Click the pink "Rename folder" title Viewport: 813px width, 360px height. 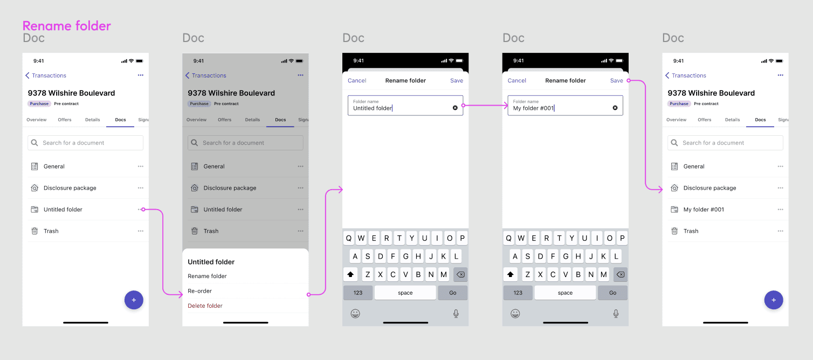pos(67,26)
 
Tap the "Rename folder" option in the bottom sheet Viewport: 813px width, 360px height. pos(207,276)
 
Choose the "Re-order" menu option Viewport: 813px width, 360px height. pos(199,291)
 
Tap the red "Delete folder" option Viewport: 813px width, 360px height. pos(205,306)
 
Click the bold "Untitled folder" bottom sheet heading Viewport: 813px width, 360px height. pos(211,262)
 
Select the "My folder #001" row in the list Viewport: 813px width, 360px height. pos(704,210)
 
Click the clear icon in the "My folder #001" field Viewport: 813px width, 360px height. pos(615,108)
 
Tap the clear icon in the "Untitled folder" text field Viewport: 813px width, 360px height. pos(455,108)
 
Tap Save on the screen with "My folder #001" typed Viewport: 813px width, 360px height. pos(616,80)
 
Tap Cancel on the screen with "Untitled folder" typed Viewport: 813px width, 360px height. pos(357,80)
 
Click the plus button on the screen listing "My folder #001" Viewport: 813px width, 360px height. pos(774,300)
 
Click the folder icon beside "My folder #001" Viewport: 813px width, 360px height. pos(674,210)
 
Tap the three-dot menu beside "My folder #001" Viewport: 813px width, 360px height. pos(780,210)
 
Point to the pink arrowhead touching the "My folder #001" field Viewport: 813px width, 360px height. pos(506,106)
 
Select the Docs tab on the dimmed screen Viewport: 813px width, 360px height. pos(280,120)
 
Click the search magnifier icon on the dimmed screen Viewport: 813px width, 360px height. pos(195,143)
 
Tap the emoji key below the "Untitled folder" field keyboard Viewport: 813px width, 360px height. pos(355,314)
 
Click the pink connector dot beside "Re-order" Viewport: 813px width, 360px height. pos(308,295)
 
